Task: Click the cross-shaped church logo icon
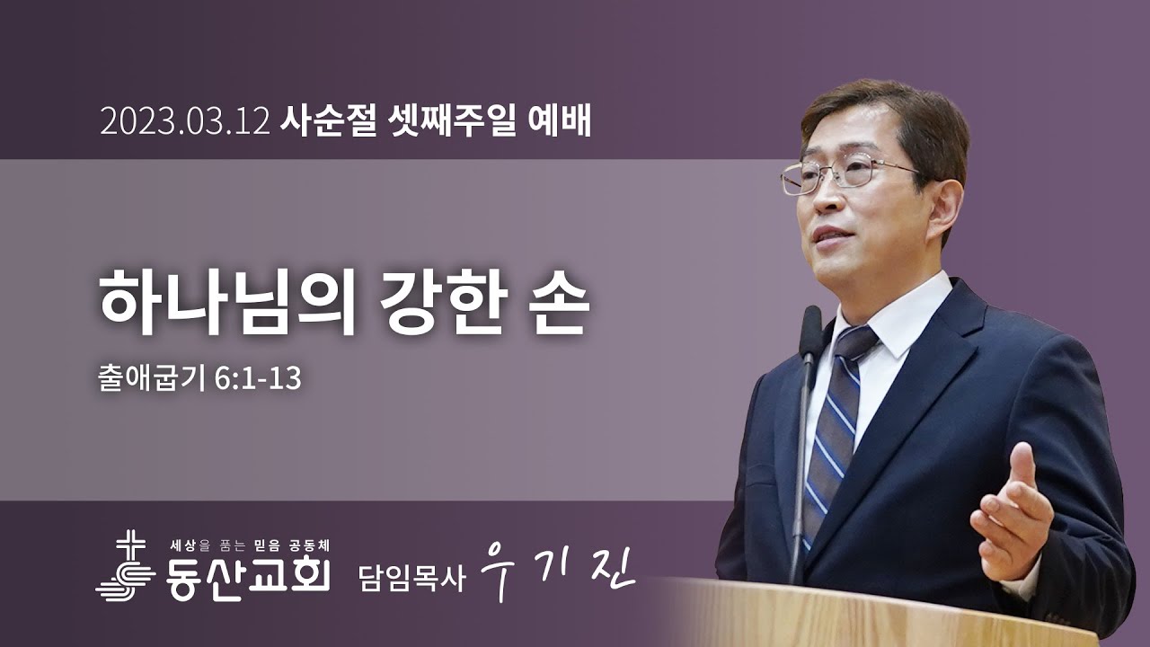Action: [128, 566]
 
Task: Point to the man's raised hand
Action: [1011, 512]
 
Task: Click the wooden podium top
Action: [898, 611]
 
